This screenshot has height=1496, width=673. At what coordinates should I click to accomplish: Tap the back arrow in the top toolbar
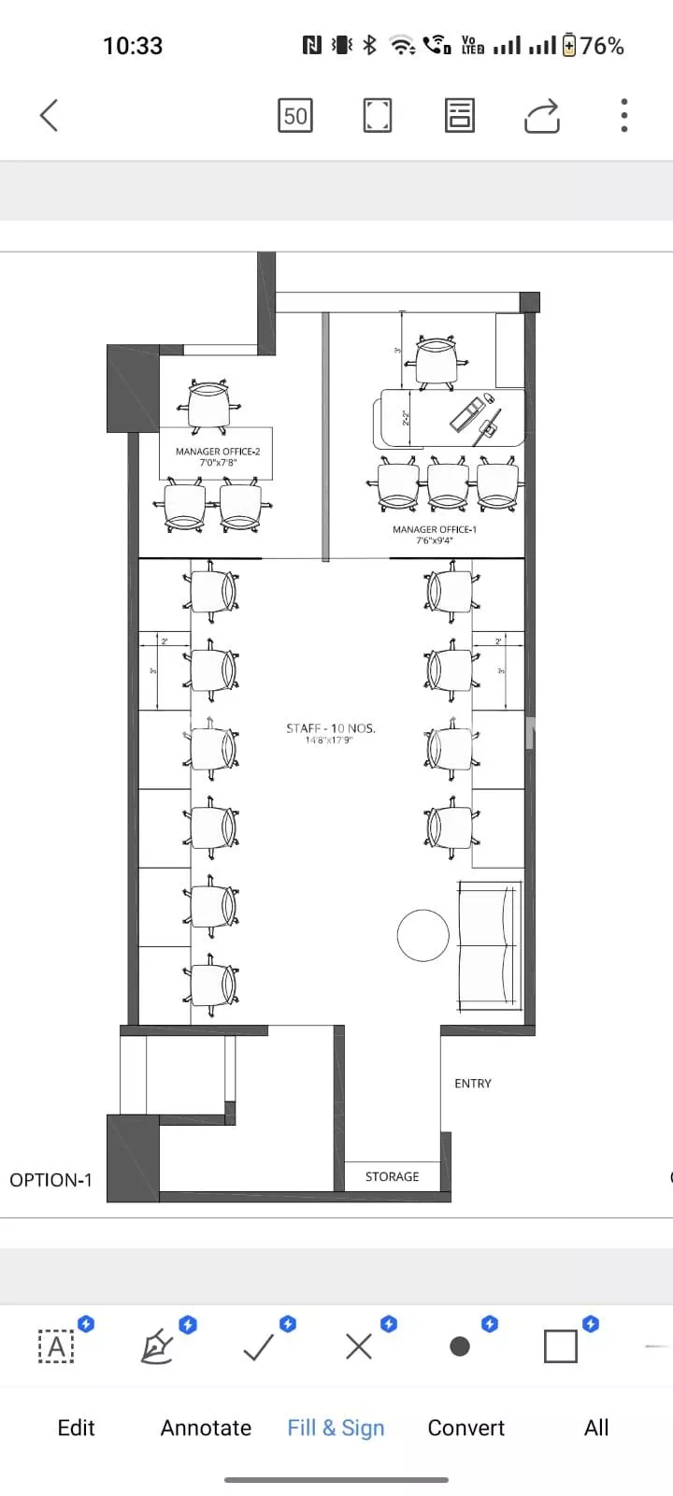click(50, 116)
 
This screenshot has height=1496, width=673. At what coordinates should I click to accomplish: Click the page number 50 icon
click(295, 116)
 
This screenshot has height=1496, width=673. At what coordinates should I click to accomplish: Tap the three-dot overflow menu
click(623, 116)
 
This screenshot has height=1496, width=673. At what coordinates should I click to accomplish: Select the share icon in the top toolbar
click(542, 116)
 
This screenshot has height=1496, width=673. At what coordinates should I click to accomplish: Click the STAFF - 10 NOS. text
click(330, 728)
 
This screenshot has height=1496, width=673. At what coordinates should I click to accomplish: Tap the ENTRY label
click(472, 1083)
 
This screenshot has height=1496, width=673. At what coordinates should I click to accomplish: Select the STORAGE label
click(392, 1176)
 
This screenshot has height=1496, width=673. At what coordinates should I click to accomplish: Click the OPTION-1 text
click(51, 1180)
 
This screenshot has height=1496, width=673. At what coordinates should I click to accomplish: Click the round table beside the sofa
click(422, 935)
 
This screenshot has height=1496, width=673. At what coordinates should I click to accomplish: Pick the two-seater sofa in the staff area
click(488, 945)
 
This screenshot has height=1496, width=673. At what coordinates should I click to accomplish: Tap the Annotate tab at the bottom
click(206, 1428)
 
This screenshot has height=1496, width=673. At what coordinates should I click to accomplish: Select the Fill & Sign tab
click(336, 1428)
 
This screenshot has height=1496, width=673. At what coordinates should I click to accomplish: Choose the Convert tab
click(465, 1428)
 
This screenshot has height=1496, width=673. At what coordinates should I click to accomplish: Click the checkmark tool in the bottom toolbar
click(258, 1346)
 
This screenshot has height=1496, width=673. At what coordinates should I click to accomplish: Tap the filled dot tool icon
click(459, 1346)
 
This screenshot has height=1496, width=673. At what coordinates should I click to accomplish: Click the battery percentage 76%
click(601, 45)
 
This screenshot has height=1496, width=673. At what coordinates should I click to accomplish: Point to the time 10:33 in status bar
click(133, 45)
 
